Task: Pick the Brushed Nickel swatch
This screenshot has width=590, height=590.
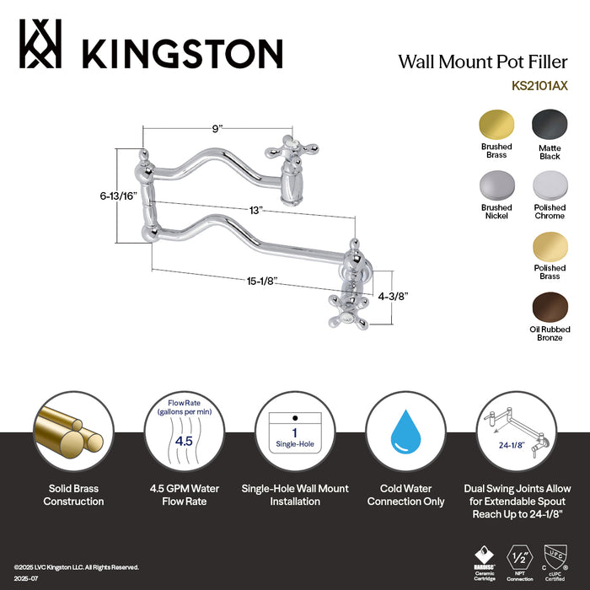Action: (496, 184)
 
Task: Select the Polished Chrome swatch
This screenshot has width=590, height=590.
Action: (549, 184)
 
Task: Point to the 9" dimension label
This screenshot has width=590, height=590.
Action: (218, 129)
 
